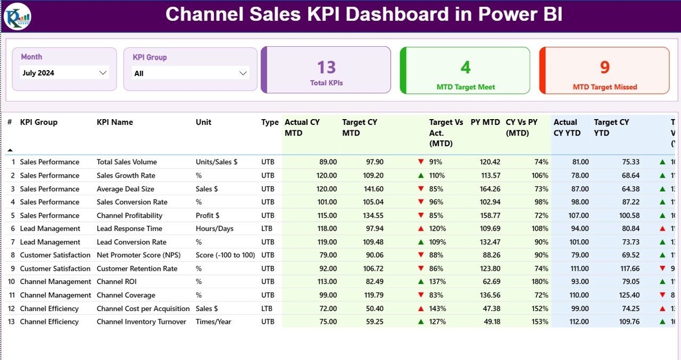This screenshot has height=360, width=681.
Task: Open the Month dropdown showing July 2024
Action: tap(64, 73)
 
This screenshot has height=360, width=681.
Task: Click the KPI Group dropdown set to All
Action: tap(190, 73)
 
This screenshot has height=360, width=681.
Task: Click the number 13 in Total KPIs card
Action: tap(326, 68)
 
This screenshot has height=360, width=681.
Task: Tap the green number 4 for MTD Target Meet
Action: tap(466, 68)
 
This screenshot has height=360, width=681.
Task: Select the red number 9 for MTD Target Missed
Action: tap(605, 68)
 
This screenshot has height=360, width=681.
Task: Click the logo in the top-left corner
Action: tap(17, 16)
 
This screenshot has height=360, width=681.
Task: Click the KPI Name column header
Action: tap(115, 122)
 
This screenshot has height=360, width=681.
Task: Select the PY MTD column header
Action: tap(485, 122)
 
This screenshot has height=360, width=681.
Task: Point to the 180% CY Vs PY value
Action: tap(539, 282)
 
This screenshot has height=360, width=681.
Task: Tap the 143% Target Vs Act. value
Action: tap(437, 308)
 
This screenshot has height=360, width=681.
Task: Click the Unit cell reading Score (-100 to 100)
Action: tap(225, 255)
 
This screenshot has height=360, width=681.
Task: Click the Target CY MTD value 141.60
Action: tap(371, 189)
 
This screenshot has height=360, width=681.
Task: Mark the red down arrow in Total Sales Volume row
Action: tap(421, 162)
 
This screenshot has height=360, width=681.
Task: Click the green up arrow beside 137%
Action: tap(421, 282)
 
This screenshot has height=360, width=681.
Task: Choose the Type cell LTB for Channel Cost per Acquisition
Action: tap(268, 308)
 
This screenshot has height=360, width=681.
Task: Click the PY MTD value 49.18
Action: tap(489, 322)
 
